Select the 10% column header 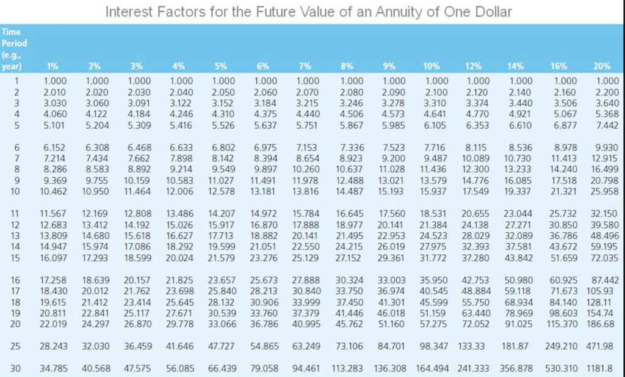pos(432,67)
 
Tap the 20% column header pos(601,67)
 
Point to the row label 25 pos(16,346)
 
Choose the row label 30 pos(16,368)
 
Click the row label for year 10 pos(16,191)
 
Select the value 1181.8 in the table pos(599,368)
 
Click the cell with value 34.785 pos(54,368)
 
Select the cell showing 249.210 pos(560,346)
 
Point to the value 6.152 pos(54,148)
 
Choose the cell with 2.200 pos(604,92)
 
